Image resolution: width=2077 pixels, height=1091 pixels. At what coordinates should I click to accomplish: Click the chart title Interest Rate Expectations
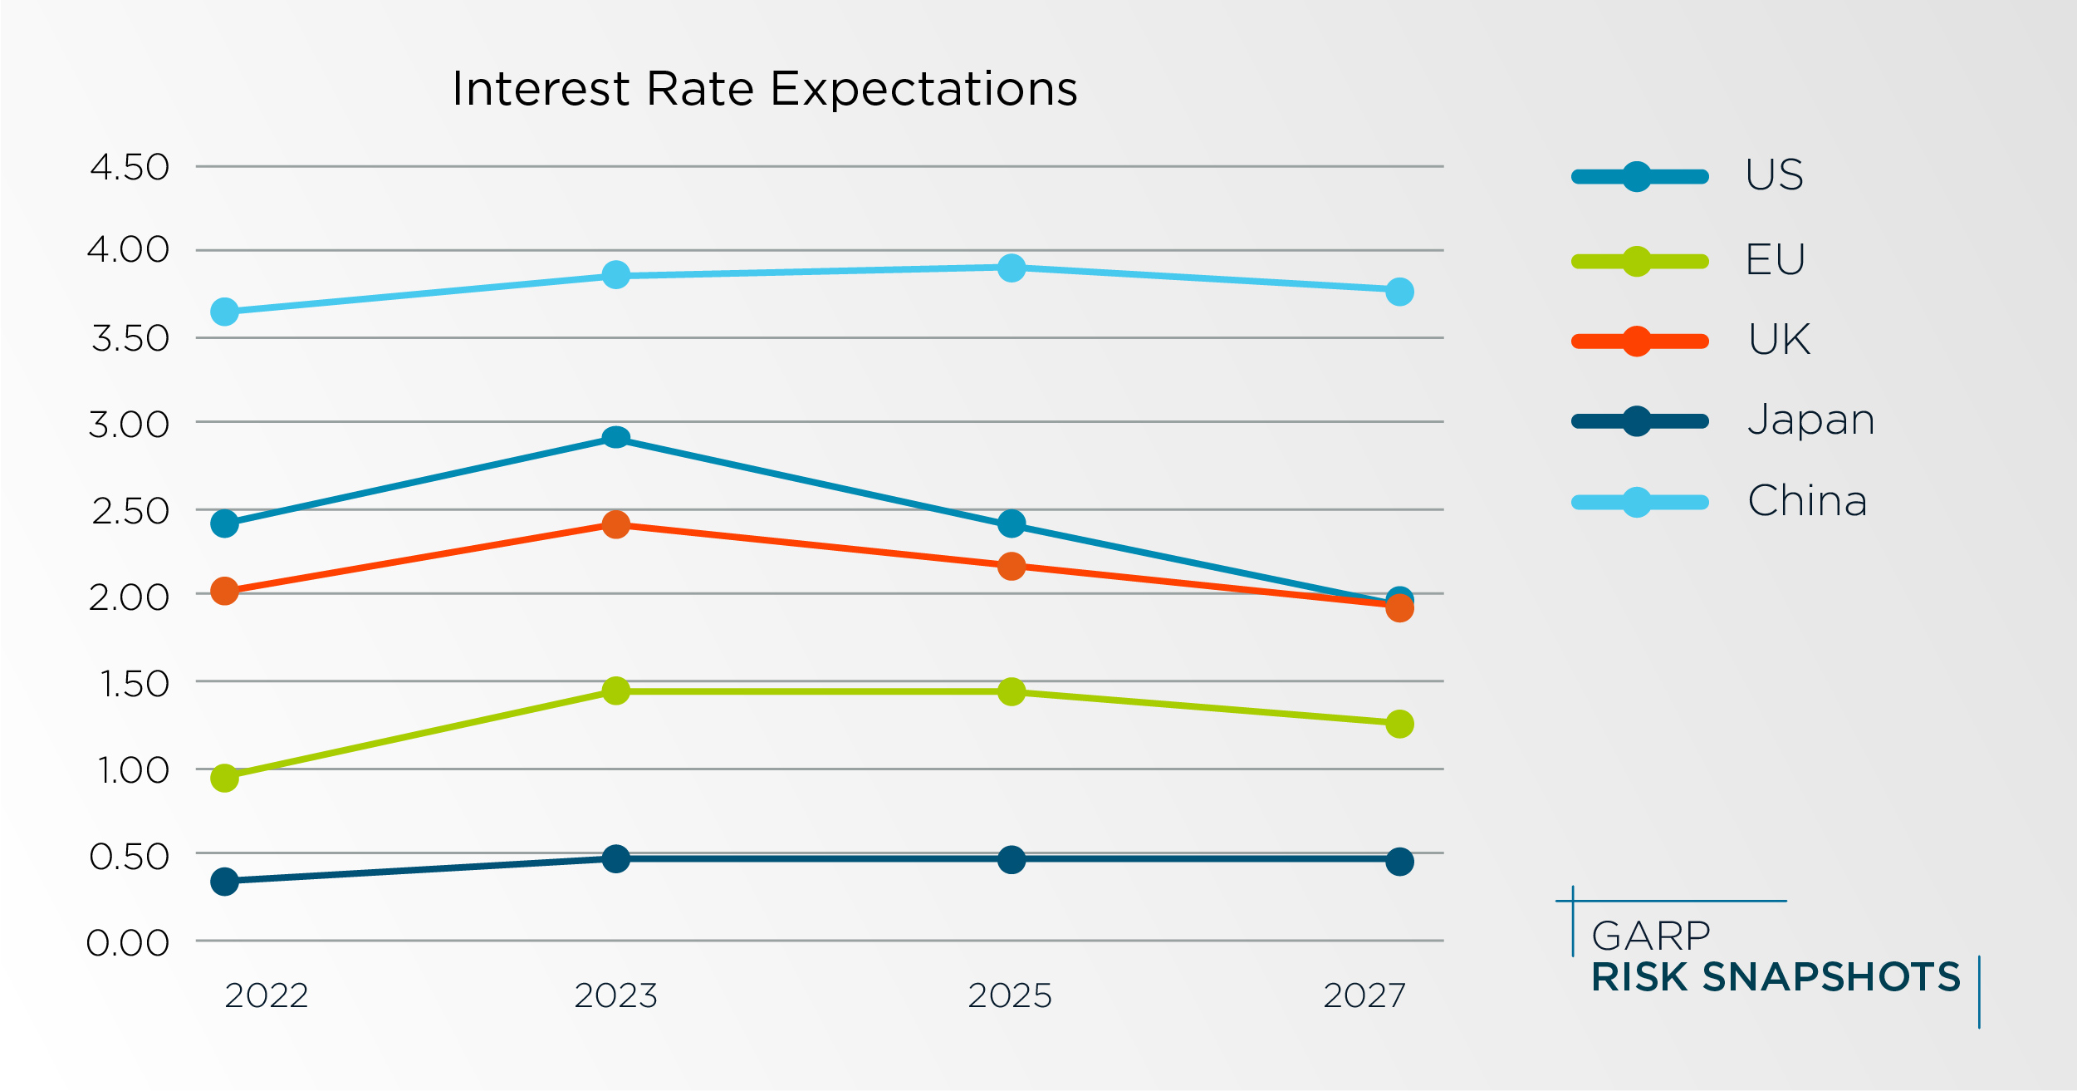(x=764, y=89)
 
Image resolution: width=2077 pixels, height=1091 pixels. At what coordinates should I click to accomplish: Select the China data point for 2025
(x=1011, y=268)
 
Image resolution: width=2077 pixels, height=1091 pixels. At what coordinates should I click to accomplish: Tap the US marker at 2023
(x=615, y=438)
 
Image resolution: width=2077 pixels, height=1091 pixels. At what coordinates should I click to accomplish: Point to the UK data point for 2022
(x=224, y=592)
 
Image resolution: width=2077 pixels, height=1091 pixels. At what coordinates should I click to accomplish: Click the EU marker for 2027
(x=1399, y=724)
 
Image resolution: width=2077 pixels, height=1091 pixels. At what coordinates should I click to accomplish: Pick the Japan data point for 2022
(x=224, y=881)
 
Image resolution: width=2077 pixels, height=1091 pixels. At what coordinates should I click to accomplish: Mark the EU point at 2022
(x=224, y=778)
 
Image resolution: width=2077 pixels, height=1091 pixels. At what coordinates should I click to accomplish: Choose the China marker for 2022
(x=224, y=312)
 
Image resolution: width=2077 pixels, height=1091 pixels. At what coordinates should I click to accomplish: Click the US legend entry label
(x=1774, y=175)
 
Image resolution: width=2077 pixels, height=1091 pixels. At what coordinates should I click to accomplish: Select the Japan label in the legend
(x=1810, y=420)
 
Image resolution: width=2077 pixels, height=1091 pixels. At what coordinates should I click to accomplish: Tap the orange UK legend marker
(x=1636, y=342)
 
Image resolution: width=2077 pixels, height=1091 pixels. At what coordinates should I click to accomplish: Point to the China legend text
(x=1807, y=501)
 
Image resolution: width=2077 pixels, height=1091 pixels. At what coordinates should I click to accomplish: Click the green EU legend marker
(x=1636, y=261)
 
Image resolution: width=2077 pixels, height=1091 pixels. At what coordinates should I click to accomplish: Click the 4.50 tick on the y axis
(x=130, y=167)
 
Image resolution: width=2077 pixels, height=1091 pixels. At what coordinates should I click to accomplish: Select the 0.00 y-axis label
(x=128, y=943)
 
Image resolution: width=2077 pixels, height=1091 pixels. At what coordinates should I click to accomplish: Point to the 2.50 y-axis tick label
(x=130, y=511)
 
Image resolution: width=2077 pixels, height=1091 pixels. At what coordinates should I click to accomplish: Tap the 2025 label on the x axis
(x=1010, y=995)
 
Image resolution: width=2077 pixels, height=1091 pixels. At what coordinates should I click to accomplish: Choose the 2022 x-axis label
(x=267, y=995)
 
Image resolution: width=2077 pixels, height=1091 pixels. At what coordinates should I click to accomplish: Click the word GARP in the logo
(x=1650, y=936)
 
